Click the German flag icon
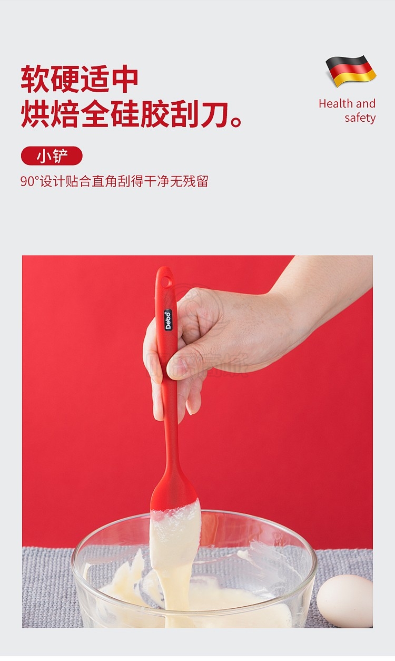(351, 71)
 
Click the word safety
(360, 118)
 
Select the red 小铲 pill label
(52, 156)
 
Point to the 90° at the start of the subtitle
(30, 181)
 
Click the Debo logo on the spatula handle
(168, 320)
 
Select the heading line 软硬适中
(80, 79)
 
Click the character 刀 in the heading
(214, 114)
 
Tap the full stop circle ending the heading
(236, 122)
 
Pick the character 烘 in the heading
(35, 114)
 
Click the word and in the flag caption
(366, 103)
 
